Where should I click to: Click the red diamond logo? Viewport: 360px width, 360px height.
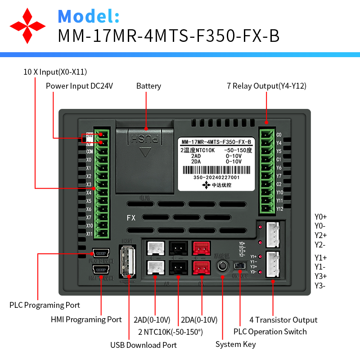tap(28, 25)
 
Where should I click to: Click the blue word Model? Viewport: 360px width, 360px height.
tap(89, 16)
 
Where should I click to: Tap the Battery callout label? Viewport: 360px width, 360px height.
tap(148, 86)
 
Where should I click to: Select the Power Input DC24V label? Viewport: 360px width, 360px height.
tap(79, 86)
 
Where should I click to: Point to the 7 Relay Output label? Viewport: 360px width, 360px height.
tap(266, 86)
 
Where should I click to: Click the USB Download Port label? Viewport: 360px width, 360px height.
tap(144, 345)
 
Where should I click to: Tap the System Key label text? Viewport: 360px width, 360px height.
tap(235, 344)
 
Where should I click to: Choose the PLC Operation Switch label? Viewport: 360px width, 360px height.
tap(270, 332)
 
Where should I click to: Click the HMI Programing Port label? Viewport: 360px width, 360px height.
tap(86, 319)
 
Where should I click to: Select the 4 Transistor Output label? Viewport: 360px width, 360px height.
tap(283, 320)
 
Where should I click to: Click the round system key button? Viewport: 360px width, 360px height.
tap(223, 266)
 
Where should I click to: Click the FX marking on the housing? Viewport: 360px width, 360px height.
tap(131, 218)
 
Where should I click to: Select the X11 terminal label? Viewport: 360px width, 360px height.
tap(89, 234)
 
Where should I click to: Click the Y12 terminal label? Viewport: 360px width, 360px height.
tap(279, 209)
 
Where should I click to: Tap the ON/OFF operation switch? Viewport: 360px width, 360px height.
tap(239, 266)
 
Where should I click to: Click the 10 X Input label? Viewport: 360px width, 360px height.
tap(55, 72)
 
